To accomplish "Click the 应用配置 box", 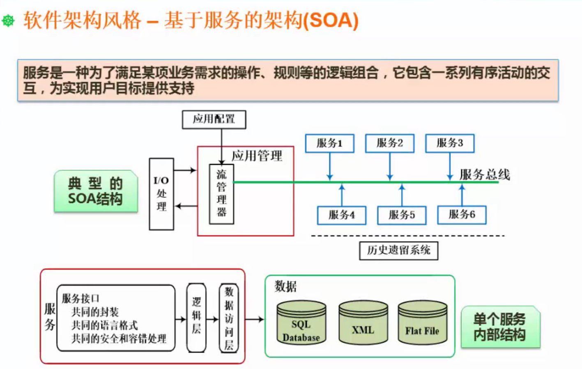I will (x=214, y=119).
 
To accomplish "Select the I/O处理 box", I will (x=161, y=194).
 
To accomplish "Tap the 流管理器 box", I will (x=221, y=194).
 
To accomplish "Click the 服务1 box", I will (x=329, y=143).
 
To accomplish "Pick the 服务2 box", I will (x=389, y=143).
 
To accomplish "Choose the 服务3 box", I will (x=450, y=143).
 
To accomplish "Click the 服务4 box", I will (x=341, y=215).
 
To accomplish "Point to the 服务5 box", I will (x=402, y=215).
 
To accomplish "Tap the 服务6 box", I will (x=462, y=215).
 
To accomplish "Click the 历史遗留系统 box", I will (x=398, y=250).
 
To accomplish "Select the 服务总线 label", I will (x=485, y=175).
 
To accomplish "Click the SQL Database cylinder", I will (x=301, y=323).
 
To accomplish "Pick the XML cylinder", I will (x=363, y=323).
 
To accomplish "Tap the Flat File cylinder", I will (x=422, y=323).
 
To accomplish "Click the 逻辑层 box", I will (x=196, y=317).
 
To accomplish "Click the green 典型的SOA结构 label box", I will (x=95, y=191).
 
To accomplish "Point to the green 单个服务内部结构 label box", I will (x=500, y=327).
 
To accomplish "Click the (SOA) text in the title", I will (x=331, y=20).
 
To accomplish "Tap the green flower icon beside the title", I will (x=9, y=21).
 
